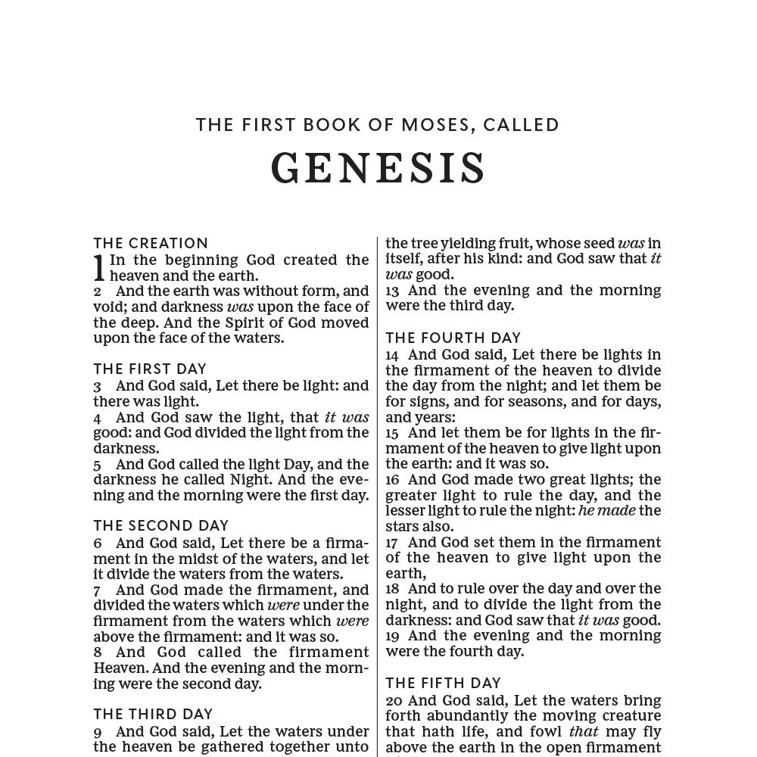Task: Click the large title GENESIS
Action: pyautogui.click(x=378, y=168)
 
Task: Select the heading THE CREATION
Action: pyautogui.click(x=151, y=243)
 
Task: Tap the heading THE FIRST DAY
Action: pyautogui.click(x=150, y=369)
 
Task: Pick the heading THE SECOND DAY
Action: pyautogui.click(x=160, y=525)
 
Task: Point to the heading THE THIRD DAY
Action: pyautogui.click(x=153, y=714)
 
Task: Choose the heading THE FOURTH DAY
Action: pyautogui.click(x=453, y=338)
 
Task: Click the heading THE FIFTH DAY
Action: pyautogui.click(x=443, y=683)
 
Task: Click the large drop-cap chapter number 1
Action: pyautogui.click(x=99, y=269)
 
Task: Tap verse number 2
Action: pyautogui.click(x=98, y=291)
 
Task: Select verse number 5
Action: pyautogui.click(x=98, y=465)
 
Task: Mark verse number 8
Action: pyautogui.click(x=98, y=653)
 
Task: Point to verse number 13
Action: pyautogui.click(x=392, y=291)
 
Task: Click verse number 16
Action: pyautogui.click(x=392, y=480)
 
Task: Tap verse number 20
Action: pyautogui.click(x=394, y=701)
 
